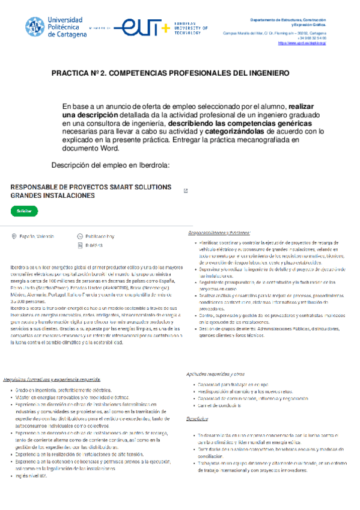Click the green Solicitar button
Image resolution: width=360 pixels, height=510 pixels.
tap(24, 211)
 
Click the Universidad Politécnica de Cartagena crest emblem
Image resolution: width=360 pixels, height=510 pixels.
tap(34, 26)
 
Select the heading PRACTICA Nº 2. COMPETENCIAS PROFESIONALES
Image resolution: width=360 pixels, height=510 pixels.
tap(170, 73)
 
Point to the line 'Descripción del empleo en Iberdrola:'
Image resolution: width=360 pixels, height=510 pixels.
tap(111, 165)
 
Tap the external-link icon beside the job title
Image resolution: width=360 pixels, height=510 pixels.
tap(185, 191)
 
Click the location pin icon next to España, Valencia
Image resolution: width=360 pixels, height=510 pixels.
tap(14, 237)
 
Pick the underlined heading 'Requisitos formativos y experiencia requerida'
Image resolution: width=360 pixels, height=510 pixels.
tap(52, 380)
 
